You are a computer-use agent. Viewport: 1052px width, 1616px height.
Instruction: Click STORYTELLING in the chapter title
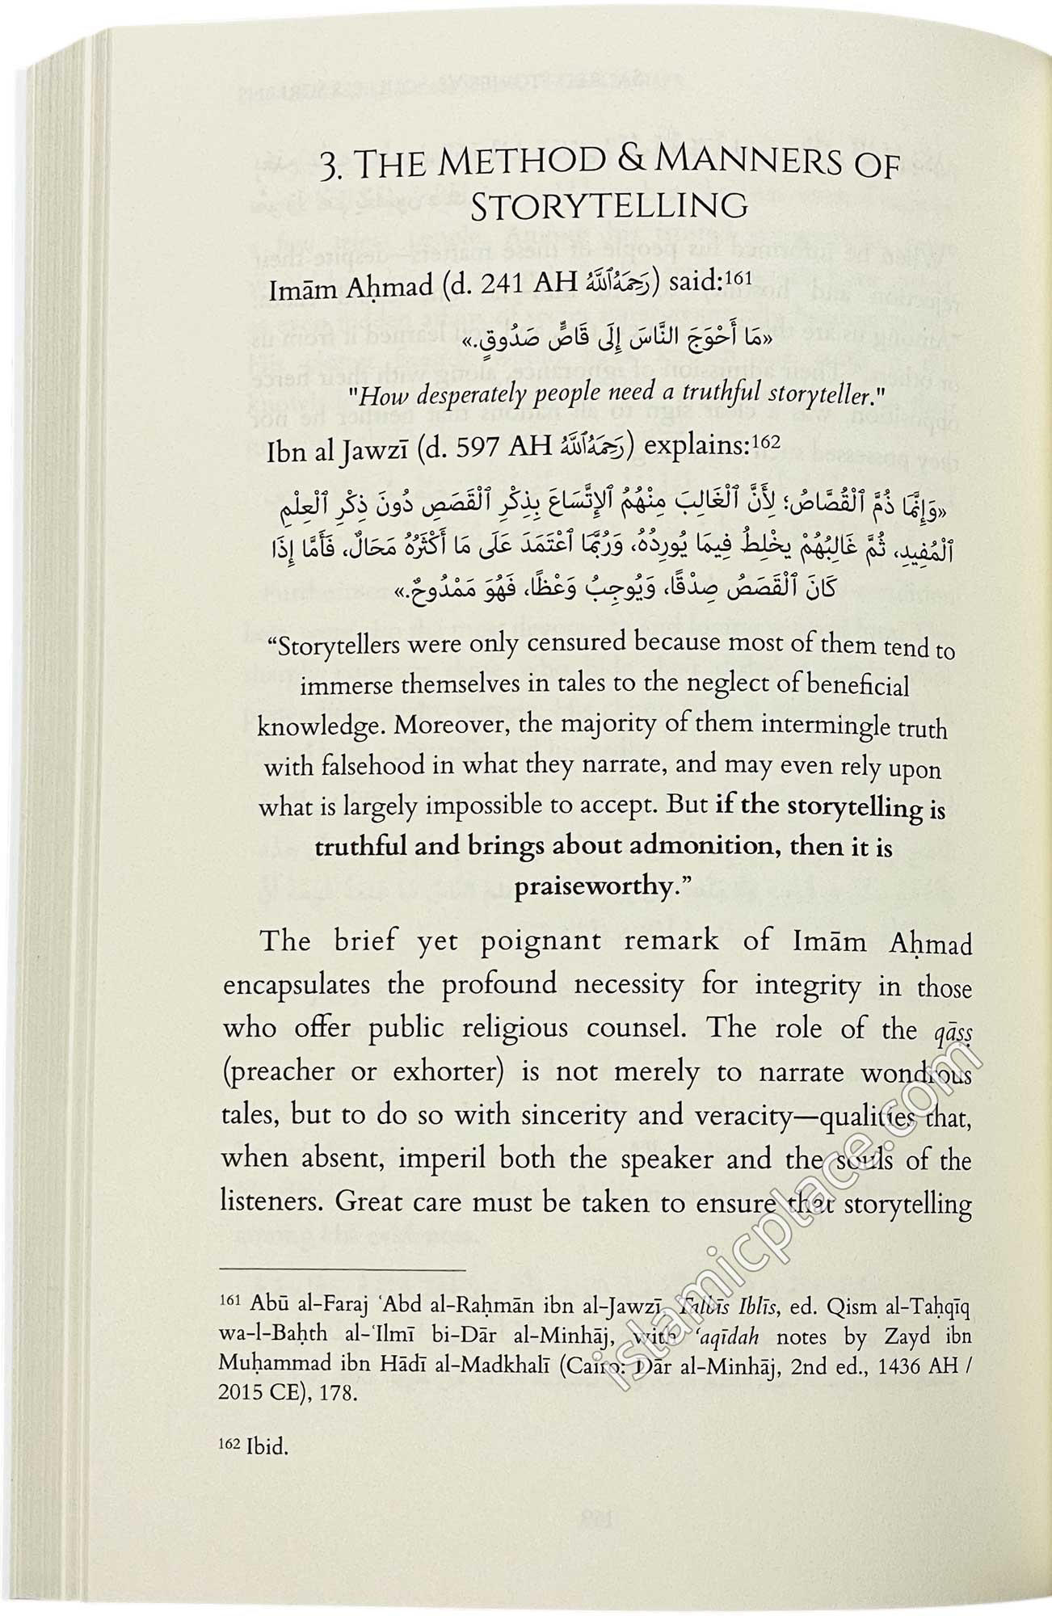pyautogui.click(x=608, y=207)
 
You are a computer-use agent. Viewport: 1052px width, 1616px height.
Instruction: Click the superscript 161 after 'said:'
pyautogui.click(x=738, y=279)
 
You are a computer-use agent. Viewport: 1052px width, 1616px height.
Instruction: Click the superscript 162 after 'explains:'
pyautogui.click(x=741, y=442)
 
